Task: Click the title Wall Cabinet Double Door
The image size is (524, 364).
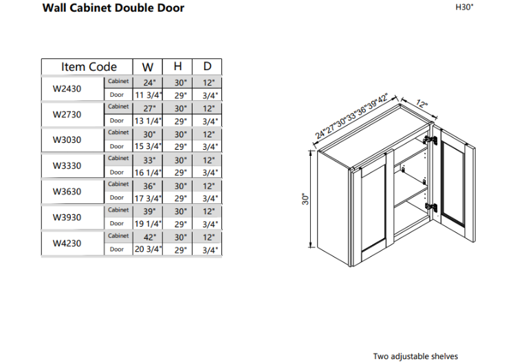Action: [113, 8]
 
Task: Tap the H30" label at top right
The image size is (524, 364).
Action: [466, 7]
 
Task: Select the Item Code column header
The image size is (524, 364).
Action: [89, 67]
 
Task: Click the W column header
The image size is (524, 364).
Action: [147, 67]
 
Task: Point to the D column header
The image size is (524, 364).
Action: [207, 67]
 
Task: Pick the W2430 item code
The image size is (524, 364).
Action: [67, 88]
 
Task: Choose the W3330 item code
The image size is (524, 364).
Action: [67, 166]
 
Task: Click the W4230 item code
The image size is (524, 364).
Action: [67, 243]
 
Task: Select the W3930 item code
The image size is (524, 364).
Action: [67, 217]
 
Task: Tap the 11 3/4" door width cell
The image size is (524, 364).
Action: [147, 95]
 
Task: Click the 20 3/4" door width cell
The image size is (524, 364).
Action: [147, 250]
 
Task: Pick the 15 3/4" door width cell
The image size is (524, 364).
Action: [147, 146]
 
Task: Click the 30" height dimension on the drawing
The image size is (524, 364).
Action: [307, 198]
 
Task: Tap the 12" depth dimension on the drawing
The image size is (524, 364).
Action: [422, 106]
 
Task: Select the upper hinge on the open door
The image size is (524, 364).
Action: [432, 140]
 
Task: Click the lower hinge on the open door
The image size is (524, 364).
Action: [432, 207]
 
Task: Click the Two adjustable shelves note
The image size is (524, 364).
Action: [415, 356]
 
